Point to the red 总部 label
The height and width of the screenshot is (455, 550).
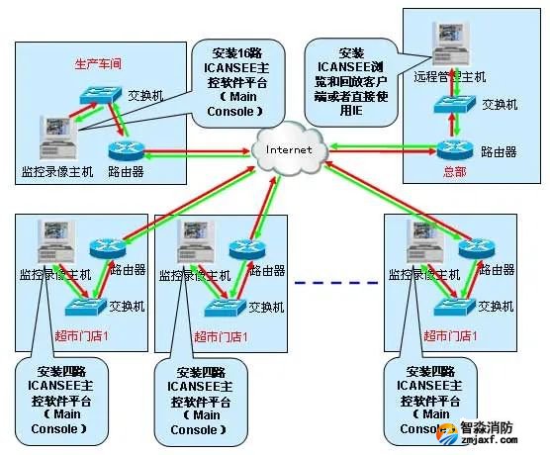(x=454, y=171)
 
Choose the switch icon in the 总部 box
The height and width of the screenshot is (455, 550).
(x=456, y=103)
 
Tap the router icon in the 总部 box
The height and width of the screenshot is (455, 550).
(x=455, y=149)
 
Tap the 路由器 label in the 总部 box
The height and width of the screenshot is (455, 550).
(x=501, y=150)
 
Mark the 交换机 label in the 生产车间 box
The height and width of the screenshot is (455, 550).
(x=145, y=96)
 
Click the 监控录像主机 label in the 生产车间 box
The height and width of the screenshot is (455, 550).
(x=56, y=172)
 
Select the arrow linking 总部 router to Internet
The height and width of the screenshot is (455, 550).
(x=381, y=149)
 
